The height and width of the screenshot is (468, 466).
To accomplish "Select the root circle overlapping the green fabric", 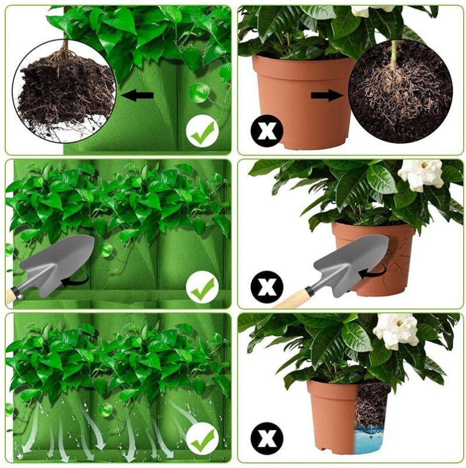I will tap(64, 91).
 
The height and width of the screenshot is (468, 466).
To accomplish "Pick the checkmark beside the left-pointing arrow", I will tap(203, 133).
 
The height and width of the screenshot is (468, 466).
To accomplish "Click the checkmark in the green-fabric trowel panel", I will tap(203, 289).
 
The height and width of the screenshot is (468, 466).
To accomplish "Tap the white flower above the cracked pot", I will tap(420, 173).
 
